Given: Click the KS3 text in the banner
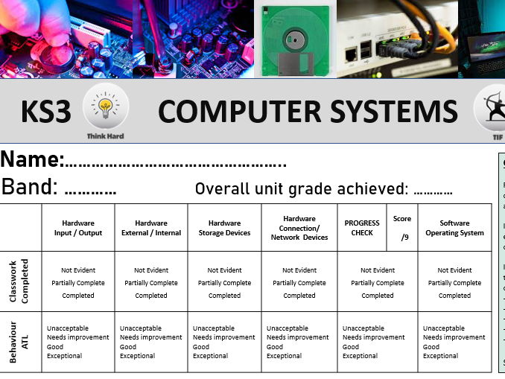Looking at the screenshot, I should pyautogui.click(x=46, y=112).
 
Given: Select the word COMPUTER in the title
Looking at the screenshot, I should pyautogui.click(x=239, y=112).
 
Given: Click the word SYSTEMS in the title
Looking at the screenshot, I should pyautogui.click(x=394, y=112).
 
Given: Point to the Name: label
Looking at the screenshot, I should pyautogui.click(x=32, y=159).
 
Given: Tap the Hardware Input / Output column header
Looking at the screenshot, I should pyautogui.click(x=78, y=228).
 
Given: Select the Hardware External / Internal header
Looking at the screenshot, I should pyautogui.click(x=151, y=228).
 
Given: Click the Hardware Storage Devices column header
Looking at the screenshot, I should pyautogui.click(x=224, y=228).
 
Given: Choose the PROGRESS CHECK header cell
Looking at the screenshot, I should pyautogui.click(x=362, y=228).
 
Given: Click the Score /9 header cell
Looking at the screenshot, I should pyautogui.click(x=402, y=228).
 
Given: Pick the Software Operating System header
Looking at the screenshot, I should pyautogui.click(x=454, y=228).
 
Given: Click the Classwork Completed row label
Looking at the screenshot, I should pyautogui.click(x=19, y=281).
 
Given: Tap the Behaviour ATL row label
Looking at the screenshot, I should pyautogui.click(x=19, y=342).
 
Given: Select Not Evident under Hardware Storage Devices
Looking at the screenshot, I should pyautogui.click(x=224, y=270).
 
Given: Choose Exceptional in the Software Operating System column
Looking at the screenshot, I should pyautogui.click(x=440, y=356).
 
